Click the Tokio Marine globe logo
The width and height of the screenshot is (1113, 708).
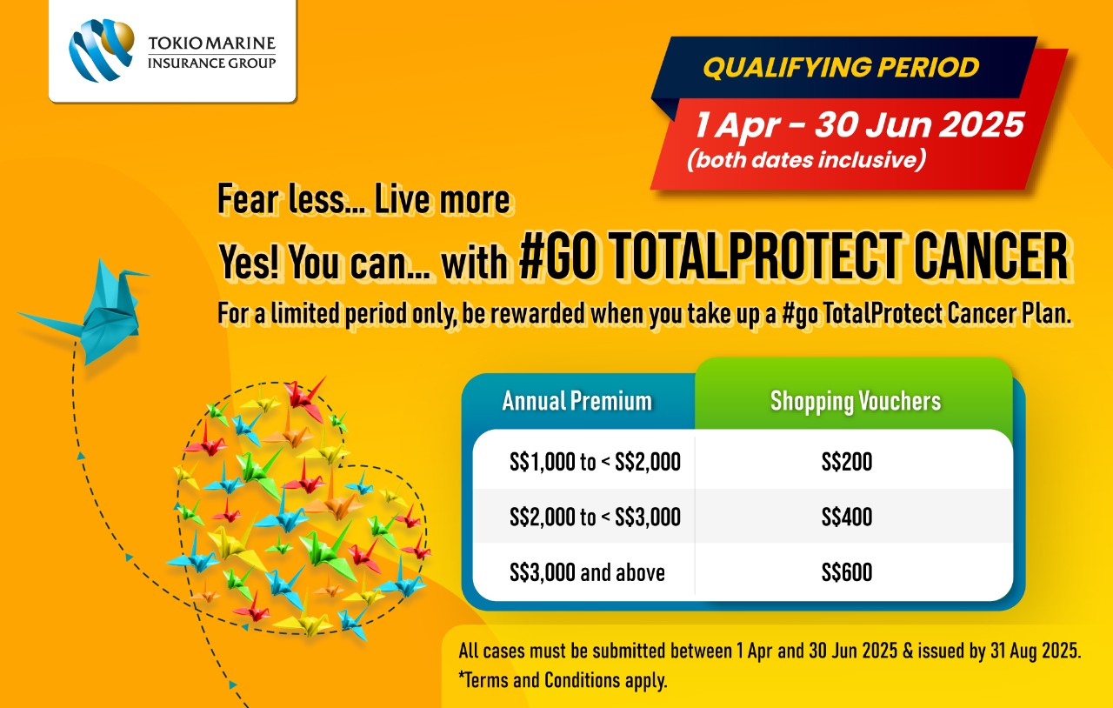[x=102, y=50]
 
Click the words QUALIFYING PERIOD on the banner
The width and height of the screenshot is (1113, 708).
[x=841, y=67]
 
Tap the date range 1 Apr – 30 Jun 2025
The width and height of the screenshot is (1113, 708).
[x=859, y=124]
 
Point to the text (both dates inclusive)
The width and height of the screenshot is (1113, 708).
[x=806, y=160]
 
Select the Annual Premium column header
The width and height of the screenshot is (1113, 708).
[x=576, y=401]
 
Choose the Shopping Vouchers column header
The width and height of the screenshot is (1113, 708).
[x=856, y=402]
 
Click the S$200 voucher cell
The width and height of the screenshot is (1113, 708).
[x=847, y=462]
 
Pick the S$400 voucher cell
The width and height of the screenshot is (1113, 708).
[x=847, y=517]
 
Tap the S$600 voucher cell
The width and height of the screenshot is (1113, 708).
[x=847, y=572]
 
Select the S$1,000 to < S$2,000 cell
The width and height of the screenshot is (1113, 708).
[x=595, y=462]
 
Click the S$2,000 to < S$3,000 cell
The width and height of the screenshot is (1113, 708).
[x=595, y=517]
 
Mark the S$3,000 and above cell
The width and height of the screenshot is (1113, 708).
[x=587, y=572]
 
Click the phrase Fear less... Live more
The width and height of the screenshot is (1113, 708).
[x=363, y=199]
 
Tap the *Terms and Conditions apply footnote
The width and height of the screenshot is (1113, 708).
[x=563, y=680]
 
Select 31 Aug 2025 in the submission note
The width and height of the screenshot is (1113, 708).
[x=1036, y=651]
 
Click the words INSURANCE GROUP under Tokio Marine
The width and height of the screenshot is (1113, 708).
[x=211, y=63]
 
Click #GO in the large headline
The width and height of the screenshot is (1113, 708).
[x=556, y=256]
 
